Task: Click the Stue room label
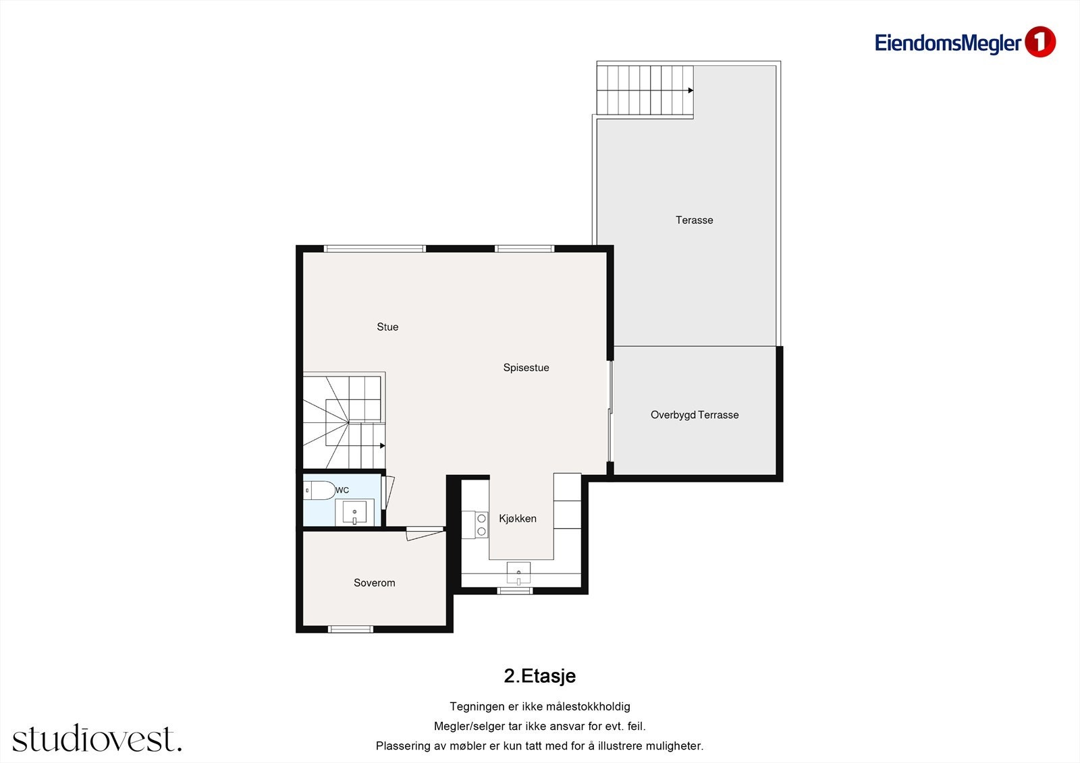tap(387, 327)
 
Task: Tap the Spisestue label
tap(526, 368)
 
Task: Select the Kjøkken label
tap(517, 519)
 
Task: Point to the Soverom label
tap(374, 583)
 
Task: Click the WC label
tap(342, 490)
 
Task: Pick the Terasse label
tap(695, 221)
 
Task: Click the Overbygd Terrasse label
tap(695, 415)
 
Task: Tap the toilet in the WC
tap(319, 490)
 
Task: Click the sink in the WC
tap(354, 512)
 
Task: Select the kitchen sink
tap(518, 573)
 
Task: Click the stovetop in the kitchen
tap(481, 525)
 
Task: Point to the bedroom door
tap(425, 534)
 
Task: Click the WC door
tap(389, 492)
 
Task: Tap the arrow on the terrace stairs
tap(691, 90)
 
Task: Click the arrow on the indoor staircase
tap(382, 446)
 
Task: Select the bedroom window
tap(350, 629)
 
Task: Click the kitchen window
tap(515, 590)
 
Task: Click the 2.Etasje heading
tap(539, 676)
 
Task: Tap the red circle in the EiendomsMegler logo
tap(1040, 42)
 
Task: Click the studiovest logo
tap(97, 738)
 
